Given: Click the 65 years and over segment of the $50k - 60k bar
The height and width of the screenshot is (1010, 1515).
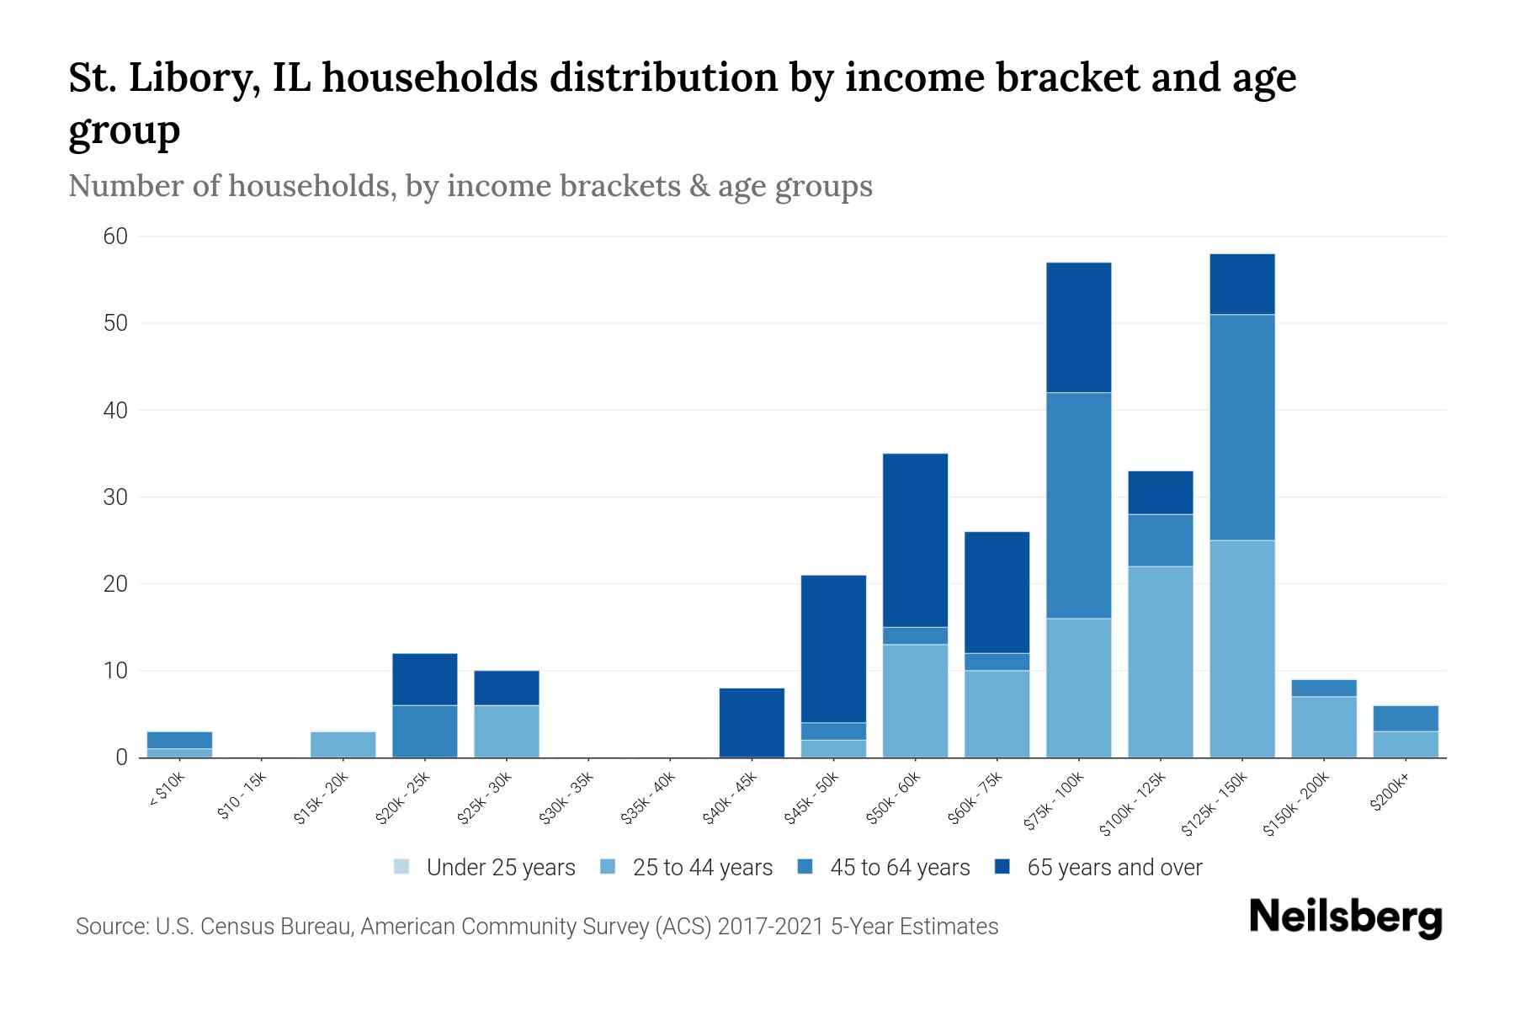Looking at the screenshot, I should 915,540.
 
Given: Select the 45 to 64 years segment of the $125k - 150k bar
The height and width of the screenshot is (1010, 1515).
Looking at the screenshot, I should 1241,427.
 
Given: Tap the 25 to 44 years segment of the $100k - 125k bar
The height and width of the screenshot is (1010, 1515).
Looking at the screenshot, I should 1160,662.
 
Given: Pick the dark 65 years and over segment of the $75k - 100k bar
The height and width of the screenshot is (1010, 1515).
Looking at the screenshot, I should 1078,327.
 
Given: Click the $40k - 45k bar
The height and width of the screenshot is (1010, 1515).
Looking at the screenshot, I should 752,722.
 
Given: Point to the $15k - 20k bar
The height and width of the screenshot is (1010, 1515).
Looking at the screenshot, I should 343,744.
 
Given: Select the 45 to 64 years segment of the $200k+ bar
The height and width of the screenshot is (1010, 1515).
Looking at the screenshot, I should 1405,718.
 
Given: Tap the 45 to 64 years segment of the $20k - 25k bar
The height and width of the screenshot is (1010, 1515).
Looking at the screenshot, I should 424,731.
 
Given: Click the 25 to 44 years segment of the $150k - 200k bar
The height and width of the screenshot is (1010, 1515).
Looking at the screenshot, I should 1323,726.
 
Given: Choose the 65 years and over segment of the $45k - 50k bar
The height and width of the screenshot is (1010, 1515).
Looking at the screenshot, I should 833,648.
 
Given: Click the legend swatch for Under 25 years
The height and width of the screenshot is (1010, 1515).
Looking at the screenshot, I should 401,867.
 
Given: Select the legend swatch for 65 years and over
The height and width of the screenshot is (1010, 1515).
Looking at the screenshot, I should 1002,867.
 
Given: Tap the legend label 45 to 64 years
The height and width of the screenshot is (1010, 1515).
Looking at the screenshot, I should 900,867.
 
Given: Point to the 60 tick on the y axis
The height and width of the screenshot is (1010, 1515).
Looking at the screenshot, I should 115,237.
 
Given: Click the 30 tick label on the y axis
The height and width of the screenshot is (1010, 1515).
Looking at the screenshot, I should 115,497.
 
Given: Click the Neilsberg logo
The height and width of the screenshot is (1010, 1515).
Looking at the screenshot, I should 1345,917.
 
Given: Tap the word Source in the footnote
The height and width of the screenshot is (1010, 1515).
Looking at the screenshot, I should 110,927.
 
